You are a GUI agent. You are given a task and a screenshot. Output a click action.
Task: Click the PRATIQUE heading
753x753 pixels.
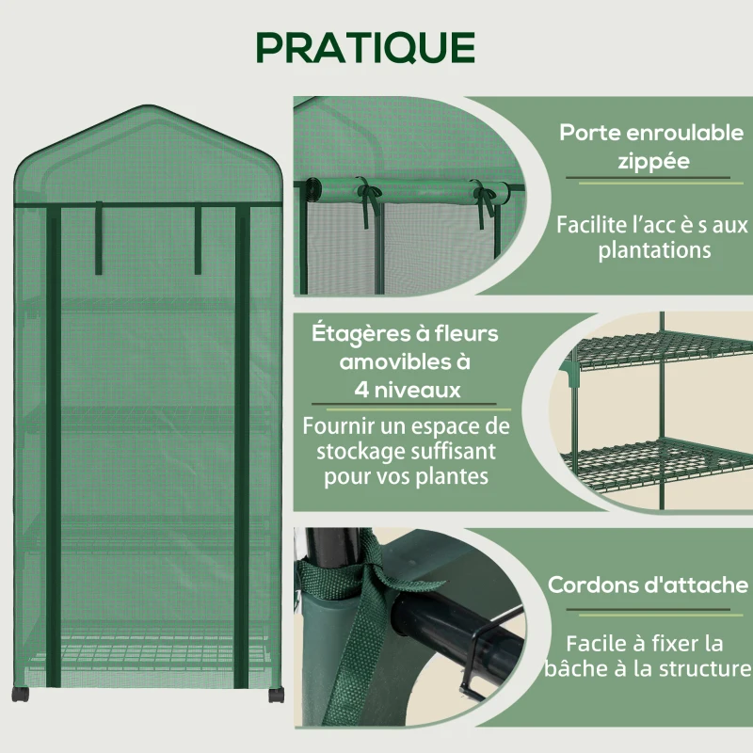pyautogui.click(x=366, y=47)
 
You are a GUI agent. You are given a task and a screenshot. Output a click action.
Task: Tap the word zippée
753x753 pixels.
pyautogui.click(x=652, y=161)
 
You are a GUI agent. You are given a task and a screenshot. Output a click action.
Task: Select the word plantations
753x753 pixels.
pyautogui.click(x=651, y=250)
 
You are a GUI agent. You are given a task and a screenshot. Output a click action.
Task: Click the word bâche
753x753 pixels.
pyautogui.click(x=576, y=669)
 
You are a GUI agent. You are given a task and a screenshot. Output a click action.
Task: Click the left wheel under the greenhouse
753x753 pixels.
pyautogui.click(x=21, y=694)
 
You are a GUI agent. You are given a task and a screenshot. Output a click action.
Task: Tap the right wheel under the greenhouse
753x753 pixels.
pyautogui.click(x=275, y=695)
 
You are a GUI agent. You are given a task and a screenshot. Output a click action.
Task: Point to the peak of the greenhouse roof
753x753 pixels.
pyautogui.click(x=147, y=107)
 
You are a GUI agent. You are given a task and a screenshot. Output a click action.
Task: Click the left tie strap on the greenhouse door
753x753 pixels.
pyautogui.click(x=98, y=240)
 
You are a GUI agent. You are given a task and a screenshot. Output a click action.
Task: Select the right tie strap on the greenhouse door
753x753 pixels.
pyautogui.click(x=198, y=240)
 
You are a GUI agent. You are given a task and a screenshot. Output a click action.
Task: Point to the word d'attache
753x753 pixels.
pyautogui.click(x=695, y=585)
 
